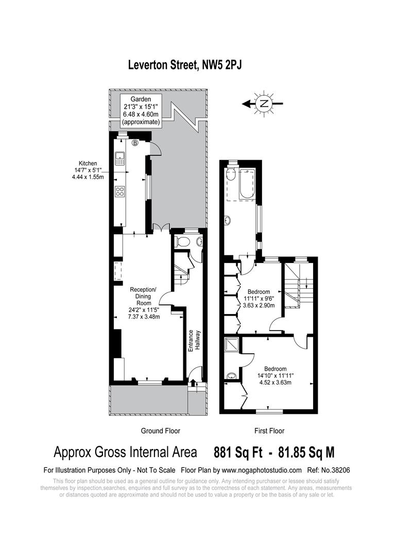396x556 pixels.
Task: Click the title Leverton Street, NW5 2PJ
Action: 185,65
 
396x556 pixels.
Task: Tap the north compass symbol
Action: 264,103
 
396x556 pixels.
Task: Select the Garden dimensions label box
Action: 141,110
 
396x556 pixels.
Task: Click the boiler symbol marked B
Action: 135,143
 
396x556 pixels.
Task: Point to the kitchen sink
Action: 120,158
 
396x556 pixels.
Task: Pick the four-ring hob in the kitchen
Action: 120,192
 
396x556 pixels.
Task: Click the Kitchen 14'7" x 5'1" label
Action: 89,170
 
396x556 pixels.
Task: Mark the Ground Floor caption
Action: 160,431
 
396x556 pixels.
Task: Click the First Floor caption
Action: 269,431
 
